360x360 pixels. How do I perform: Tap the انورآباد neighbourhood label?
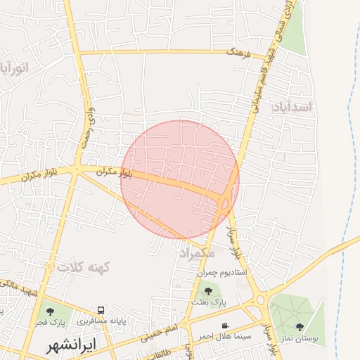click(x=12, y=68)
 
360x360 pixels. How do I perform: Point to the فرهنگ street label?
click(x=237, y=51)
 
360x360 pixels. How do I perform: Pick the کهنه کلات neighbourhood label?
click(x=85, y=267)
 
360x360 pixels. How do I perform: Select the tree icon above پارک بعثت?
click(x=207, y=290)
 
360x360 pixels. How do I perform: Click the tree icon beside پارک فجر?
click(x=49, y=311)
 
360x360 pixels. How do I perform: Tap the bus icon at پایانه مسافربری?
click(x=102, y=310)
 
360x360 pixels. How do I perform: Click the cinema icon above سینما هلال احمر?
click(x=225, y=326)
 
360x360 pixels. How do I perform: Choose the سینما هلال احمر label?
click(x=224, y=336)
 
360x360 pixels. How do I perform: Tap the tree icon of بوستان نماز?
click(x=300, y=326)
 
